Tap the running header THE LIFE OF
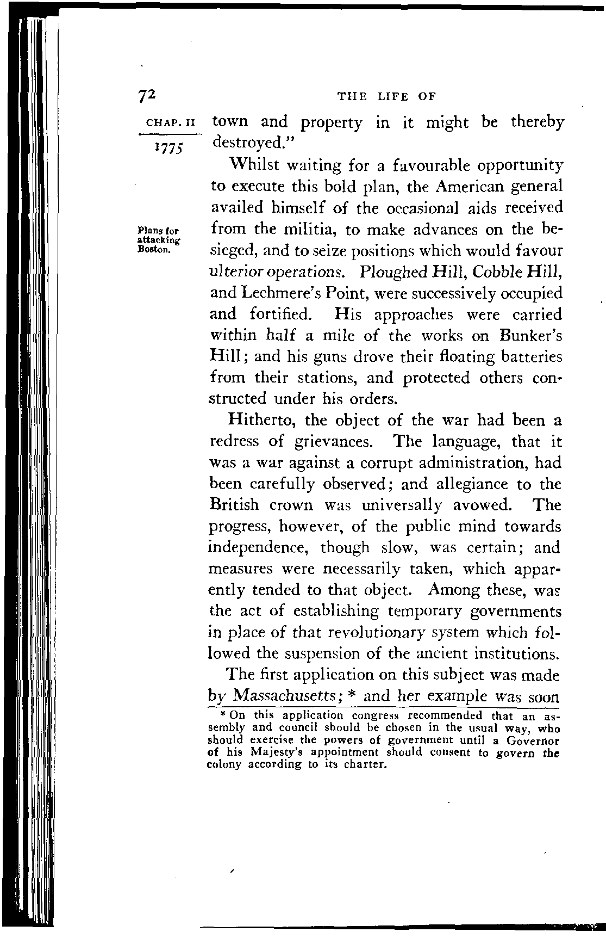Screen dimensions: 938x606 pyautogui.click(x=386, y=97)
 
